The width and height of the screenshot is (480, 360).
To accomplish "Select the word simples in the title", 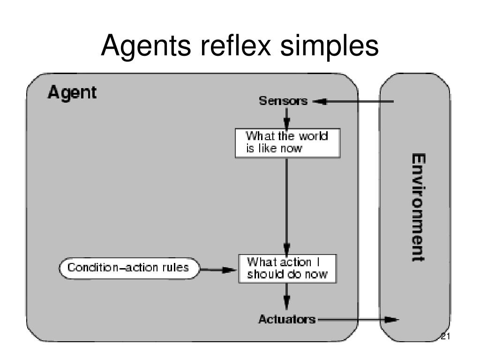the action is pos(330,45).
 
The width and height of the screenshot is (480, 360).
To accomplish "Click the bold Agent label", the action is pos(72,92).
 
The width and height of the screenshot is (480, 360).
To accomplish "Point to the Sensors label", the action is pos(283,101).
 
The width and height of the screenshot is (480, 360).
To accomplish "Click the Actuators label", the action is pos(287,319).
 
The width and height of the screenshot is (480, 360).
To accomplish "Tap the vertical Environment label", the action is pos(418,207).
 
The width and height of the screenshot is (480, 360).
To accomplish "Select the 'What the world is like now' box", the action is pos(287,143).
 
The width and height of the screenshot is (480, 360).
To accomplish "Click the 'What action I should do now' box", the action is pos(287,269).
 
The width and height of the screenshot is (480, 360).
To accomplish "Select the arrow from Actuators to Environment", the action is pos(359,320).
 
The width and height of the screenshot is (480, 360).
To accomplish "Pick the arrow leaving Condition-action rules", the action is pos(218,270).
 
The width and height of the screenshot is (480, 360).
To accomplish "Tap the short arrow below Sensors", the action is pos(286,119).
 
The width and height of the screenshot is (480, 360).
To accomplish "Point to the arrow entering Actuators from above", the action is pos(286,297).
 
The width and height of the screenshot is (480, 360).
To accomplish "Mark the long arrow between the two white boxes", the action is pos(286,206).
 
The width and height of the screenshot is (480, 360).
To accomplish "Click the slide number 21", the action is pos(445,337).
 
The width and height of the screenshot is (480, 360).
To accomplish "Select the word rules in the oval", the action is pos(175,268).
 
